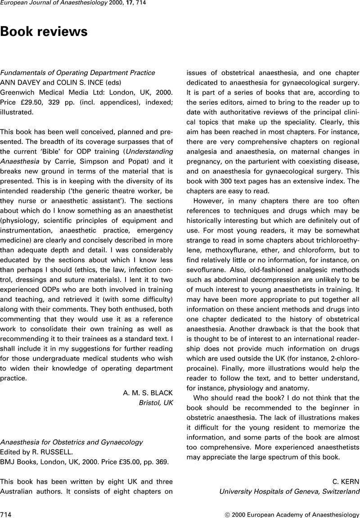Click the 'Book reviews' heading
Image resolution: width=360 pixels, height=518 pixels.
44,32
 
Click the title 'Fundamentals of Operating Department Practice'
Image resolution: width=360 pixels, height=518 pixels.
77,72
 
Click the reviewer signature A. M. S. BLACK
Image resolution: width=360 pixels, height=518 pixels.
148,393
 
